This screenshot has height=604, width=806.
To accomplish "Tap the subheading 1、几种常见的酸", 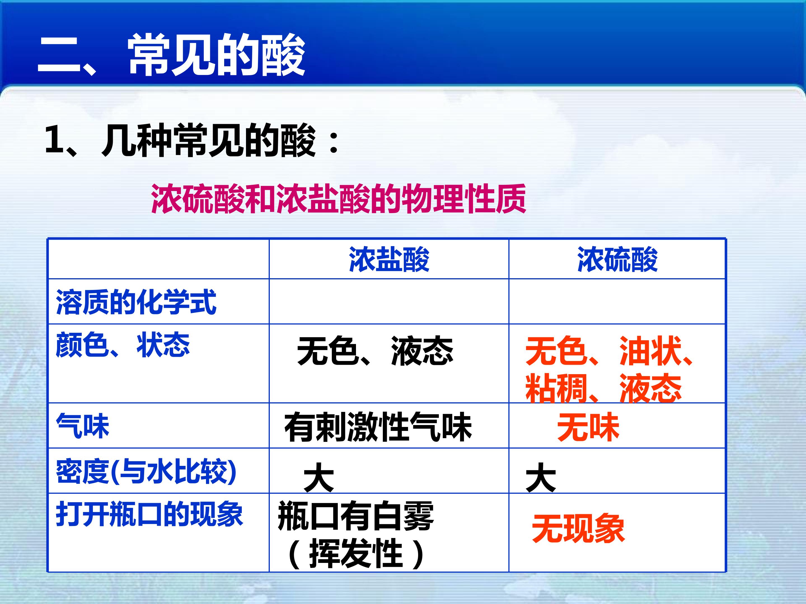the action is tap(192, 141).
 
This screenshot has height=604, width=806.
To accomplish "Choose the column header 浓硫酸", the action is tap(617, 259).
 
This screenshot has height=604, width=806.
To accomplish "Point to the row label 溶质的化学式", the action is tap(136, 302).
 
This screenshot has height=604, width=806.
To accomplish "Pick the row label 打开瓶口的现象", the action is tap(149, 514).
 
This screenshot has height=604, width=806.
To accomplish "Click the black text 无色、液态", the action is tap(375, 351).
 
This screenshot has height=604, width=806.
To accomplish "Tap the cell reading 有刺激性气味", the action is tap(378, 427).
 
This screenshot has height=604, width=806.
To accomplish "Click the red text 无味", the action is tap(588, 427).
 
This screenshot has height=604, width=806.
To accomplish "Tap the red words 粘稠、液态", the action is tap(603, 388).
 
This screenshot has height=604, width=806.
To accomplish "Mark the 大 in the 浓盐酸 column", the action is tap(319, 478).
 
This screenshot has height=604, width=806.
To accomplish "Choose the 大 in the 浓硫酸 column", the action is tap(541, 478).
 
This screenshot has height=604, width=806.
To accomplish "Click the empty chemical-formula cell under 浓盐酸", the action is tap(389, 301).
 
